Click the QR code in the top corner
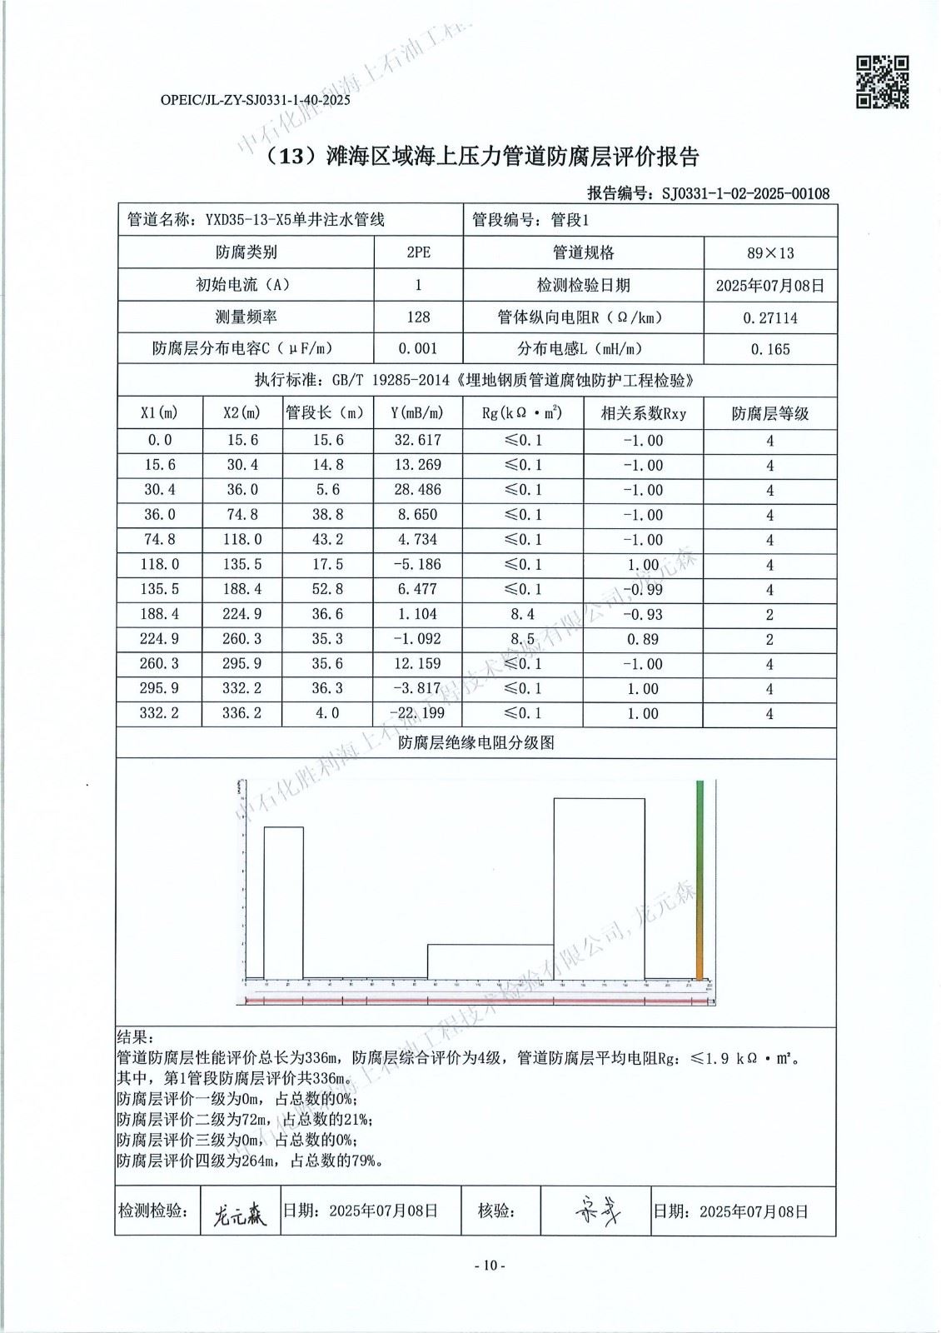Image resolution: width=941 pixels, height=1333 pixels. click(882, 82)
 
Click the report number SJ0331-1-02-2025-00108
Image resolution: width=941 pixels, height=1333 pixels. click(745, 193)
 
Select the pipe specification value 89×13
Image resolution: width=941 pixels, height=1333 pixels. click(770, 253)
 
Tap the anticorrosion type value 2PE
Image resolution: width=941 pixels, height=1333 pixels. click(418, 252)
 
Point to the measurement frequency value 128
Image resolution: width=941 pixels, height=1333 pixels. click(418, 317)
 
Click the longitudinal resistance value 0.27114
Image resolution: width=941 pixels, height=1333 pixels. click(770, 317)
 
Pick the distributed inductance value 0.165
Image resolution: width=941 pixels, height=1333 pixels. click(770, 349)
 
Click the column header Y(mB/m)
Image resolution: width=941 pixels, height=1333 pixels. click(417, 413)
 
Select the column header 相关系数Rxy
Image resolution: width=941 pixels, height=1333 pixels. click(644, 413)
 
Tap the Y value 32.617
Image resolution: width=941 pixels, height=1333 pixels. click(418, 440)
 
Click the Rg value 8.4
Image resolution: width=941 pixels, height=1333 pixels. click(523, 614)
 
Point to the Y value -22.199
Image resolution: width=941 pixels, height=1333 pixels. click(418, 713)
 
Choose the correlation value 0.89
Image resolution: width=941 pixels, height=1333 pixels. click(643, 639)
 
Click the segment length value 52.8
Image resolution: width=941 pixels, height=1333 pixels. click(327, 589)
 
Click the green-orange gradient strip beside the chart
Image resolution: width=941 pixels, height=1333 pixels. click(700, 879)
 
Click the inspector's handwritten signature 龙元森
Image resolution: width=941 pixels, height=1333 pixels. click(240, 1215)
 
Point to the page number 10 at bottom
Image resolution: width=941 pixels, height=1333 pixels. click(490, 1266)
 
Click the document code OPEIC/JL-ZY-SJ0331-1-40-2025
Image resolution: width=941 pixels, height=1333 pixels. click(255, 100)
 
